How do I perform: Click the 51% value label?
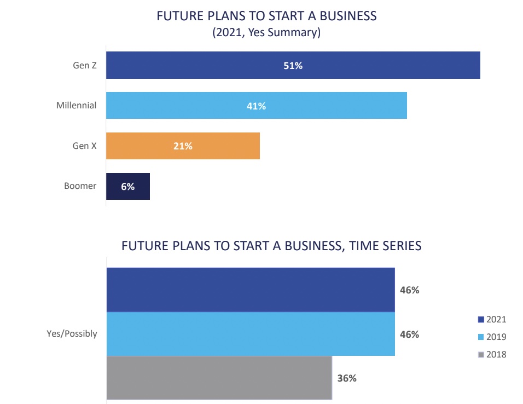(x=293, y=66)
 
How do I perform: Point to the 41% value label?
(x=256, y=106)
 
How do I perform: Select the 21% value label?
(x=183, y=146)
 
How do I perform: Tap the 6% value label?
(x=127, y=187)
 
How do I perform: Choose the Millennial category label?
(x=76, y=105)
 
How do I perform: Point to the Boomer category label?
(x=80, y=186)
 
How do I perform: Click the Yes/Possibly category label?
(x=72, y=333)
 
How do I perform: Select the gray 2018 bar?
(x=219, y=378)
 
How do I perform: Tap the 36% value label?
(x=346, y=378)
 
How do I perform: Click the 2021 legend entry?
(x=492, y=320)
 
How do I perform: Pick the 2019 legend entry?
(x=492, y=337)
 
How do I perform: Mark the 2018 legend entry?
(x=492, y=354)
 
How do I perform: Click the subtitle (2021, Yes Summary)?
(x=266, y=33)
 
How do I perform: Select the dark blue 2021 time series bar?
(x=251, y=290)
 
